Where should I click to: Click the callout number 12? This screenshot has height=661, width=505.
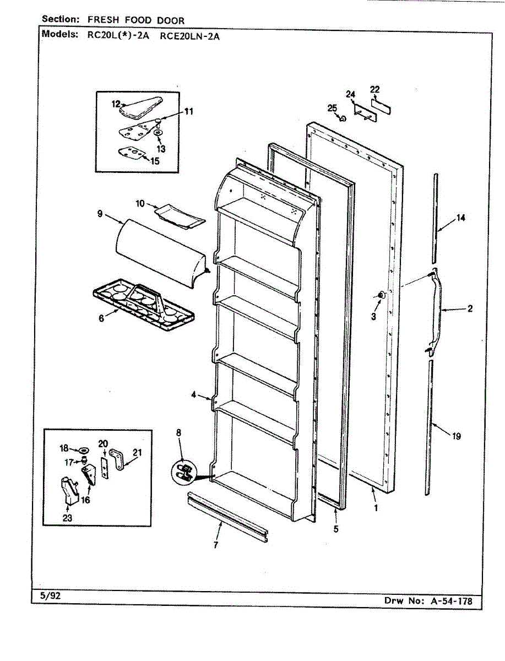[116, 103]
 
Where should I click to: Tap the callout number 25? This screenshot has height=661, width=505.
[332, 109]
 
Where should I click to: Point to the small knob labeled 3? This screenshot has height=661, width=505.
[379, 297]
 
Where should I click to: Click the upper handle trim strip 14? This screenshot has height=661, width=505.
[435, 218]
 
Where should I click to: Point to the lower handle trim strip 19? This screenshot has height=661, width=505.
[429, 424]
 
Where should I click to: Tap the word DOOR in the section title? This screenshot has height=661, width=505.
[170, 20]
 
